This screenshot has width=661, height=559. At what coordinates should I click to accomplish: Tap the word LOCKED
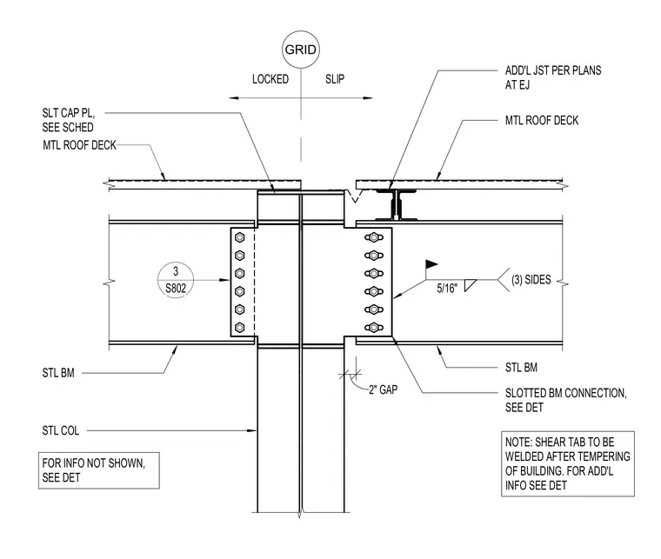270,79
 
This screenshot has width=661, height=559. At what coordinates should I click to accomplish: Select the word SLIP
335,79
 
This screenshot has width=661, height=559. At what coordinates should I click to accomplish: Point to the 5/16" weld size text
447,289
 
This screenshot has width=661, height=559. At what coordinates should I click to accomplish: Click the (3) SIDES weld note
531,280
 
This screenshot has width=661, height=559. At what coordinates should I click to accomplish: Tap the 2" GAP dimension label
384,389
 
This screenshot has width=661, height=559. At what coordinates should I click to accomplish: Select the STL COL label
61,430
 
